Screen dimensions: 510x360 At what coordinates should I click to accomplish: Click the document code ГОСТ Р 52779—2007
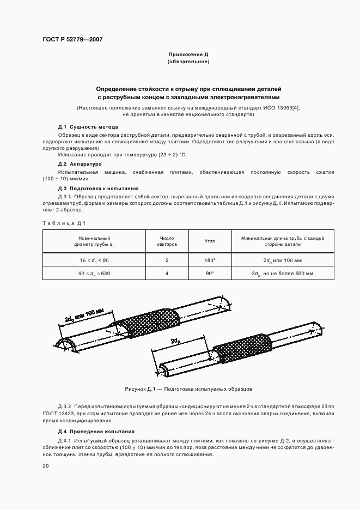[72, 40]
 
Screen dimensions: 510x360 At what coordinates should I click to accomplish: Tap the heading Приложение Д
[188, 55]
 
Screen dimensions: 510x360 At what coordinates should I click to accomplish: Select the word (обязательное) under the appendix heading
[188, 62]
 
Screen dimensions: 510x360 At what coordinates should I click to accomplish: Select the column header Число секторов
[167, 241]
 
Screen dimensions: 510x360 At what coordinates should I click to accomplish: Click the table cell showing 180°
[210, 260]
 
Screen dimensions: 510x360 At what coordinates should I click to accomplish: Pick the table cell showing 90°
[210, 273]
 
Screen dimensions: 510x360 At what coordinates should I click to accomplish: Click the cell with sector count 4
[167, 273]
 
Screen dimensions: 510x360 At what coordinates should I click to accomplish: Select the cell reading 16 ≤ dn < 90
[94, 260]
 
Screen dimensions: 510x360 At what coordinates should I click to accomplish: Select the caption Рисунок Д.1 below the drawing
[185, 389]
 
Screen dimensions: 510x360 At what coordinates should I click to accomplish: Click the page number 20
[46, 466]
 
